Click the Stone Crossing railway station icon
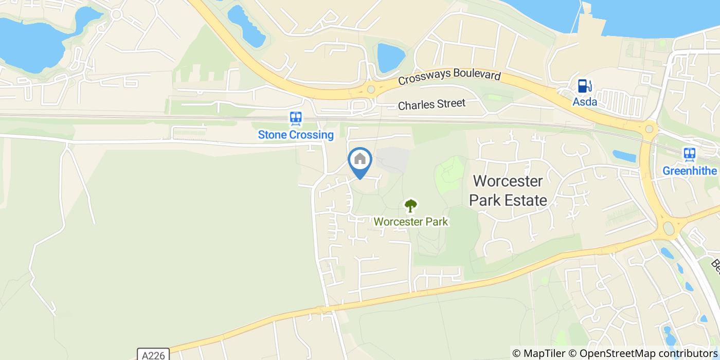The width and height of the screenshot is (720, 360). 296,119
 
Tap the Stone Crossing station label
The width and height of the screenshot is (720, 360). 296,135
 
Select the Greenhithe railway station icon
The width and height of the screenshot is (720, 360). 689,154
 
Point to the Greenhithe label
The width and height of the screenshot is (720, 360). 690,170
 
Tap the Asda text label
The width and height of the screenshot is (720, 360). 585,102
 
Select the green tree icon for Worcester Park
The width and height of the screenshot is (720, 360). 410,206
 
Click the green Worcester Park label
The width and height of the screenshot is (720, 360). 411,222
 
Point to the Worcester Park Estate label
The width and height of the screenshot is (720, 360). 508,190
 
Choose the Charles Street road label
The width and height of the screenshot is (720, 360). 431,104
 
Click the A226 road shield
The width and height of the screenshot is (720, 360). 153,354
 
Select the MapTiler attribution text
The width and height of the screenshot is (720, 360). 541,353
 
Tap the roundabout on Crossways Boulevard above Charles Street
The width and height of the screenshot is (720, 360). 371,89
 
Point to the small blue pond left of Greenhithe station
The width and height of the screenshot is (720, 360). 624,156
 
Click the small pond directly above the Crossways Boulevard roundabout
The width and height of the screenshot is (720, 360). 390,58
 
